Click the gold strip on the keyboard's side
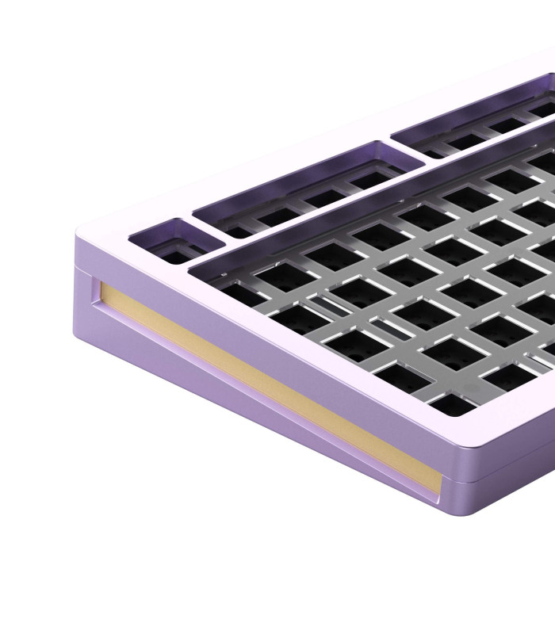click(x=262, y=380)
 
